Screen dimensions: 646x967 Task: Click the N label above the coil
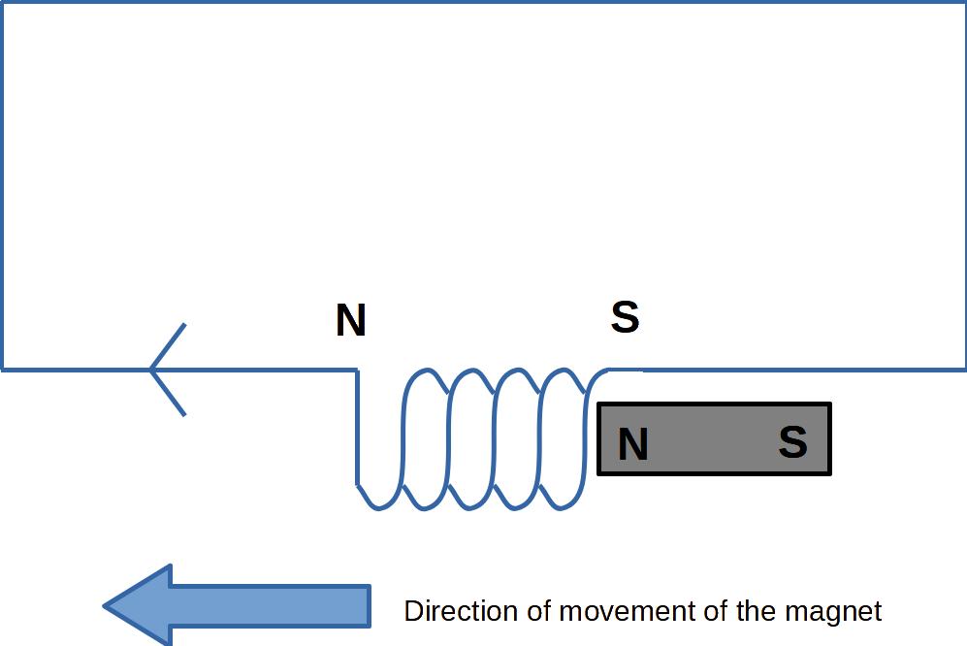click(350, 321)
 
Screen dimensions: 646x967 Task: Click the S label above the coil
click(626, 317)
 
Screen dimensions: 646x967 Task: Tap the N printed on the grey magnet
click(632, 444)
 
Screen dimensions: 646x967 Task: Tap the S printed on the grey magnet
click(792, 442)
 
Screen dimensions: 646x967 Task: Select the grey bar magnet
click(713, 439)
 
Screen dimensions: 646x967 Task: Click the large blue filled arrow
click(238, 606)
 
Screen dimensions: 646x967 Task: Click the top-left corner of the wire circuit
click(2, 2)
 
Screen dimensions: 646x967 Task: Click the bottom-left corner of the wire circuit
click(2, 369)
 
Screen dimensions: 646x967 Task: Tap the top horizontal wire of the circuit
click(485, 2)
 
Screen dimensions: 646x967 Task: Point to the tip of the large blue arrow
click(106, 607)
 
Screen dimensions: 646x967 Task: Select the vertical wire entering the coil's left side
click(357, 427)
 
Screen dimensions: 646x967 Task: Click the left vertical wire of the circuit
click(2, 184)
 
